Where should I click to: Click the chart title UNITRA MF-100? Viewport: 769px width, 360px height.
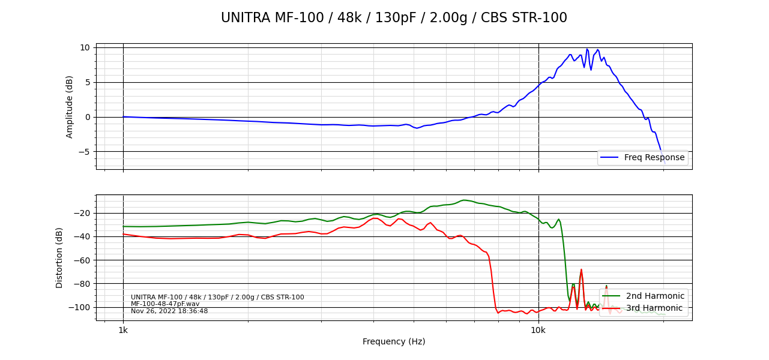[x=394, y=18]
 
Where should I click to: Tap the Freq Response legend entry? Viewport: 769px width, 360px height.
[x=654, y=158]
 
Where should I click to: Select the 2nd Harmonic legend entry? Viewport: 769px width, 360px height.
[x=655, y=296]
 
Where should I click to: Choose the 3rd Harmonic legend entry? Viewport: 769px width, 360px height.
[x=654, y=308]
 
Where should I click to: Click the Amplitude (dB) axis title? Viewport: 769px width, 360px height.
[x=70, y=107]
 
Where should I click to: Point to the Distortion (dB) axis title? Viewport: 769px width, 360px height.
[x=59, y=257]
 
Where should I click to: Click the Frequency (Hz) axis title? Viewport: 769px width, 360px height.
[x=394, y=341]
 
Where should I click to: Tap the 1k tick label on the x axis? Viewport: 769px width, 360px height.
[x=123, y=330]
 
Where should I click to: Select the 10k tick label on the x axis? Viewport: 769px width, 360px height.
[x=538, y=330]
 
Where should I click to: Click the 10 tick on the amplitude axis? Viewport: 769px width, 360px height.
[x=85, y=47]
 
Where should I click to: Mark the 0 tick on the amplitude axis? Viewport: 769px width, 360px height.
[x=87, y=117]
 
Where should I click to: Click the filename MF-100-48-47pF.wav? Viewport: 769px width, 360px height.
[x=165, y=304]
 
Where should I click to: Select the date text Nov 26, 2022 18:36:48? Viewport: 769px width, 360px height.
[x=169, y=311]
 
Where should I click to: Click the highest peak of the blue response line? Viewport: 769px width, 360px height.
[x=587, y=49]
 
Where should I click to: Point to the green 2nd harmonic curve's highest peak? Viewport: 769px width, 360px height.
[x=463, y=200]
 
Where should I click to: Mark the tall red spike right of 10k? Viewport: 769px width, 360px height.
[x=581, y=270]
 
